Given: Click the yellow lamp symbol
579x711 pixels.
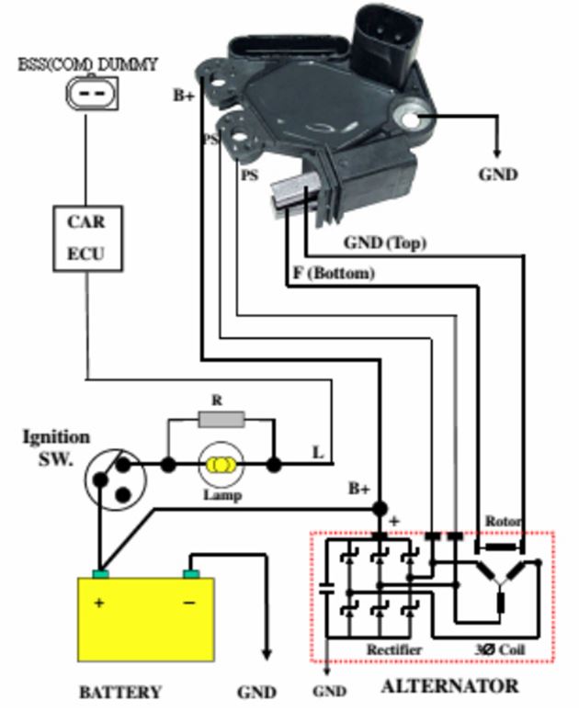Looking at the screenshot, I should click(221, 466).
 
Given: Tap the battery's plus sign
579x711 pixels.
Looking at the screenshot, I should click(99, 604).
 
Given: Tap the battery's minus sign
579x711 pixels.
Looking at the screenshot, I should click(188, 604).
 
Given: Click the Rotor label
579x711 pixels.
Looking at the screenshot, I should click(504, 522).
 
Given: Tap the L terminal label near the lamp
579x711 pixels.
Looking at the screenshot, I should click(318, 452).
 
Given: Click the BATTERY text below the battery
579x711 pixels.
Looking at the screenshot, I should click(120, 692).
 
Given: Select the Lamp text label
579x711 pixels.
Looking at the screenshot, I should click(222, 496).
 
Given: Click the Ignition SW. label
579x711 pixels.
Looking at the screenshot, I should click(56, 447).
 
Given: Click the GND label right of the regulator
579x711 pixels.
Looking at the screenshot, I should click(498, 175).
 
